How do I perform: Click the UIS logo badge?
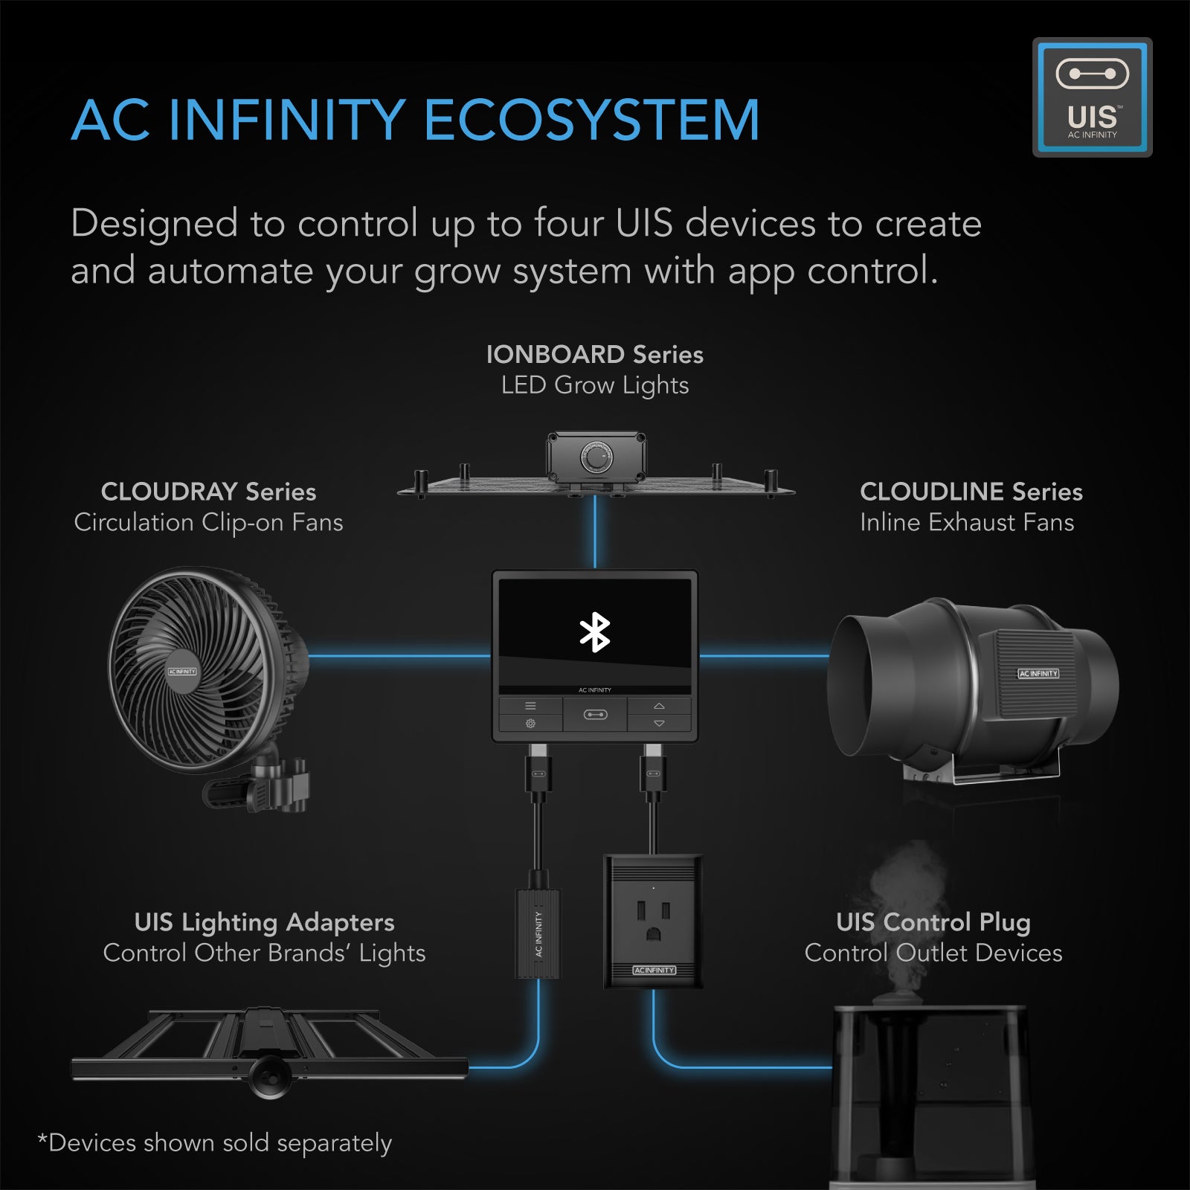(1092, 97)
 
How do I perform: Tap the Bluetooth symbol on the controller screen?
(594, 632)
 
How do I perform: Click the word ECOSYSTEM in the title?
(591, 120)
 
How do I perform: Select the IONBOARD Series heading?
(594, 354)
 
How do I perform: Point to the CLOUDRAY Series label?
(208, 492)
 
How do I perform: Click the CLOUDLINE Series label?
(971, 492)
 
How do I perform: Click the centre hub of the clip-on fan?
(182, 671)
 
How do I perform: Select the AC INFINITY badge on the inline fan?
(1038, 673)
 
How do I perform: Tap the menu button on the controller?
(530, 706)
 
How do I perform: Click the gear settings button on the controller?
(530, 724)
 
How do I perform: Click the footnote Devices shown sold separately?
(215, 1143)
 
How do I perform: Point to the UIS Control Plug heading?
(933, 922)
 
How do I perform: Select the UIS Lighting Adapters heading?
(264, 922)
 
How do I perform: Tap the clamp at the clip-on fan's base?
(279, 785)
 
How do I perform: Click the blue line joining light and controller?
(595, 532)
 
